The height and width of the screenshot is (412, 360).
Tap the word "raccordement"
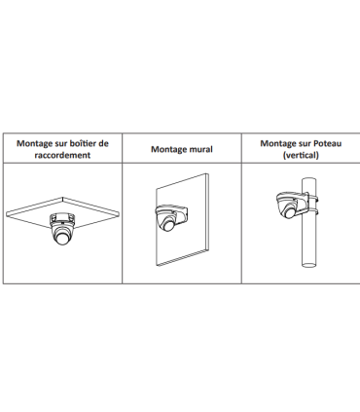[x=62, y=155]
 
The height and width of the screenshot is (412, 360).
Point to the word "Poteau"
[x=327, y=143]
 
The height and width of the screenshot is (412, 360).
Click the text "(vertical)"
[x=301, y=155]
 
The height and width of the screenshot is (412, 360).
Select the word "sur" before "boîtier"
[x=61, y=144]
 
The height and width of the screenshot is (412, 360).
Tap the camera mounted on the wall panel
[x=170, y=217]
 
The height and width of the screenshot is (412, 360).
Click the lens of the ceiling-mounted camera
[x=62, y=239]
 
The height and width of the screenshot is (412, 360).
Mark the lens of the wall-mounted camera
[x=169, y=225]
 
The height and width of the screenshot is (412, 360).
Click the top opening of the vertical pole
[x=308, y=180]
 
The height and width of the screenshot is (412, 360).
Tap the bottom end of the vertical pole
[x=308, y=265]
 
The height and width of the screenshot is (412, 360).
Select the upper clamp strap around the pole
[x=311, y=199]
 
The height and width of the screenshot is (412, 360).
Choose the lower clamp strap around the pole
[x=311, y=212]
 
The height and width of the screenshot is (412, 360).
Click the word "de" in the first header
[x=104, y=143]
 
